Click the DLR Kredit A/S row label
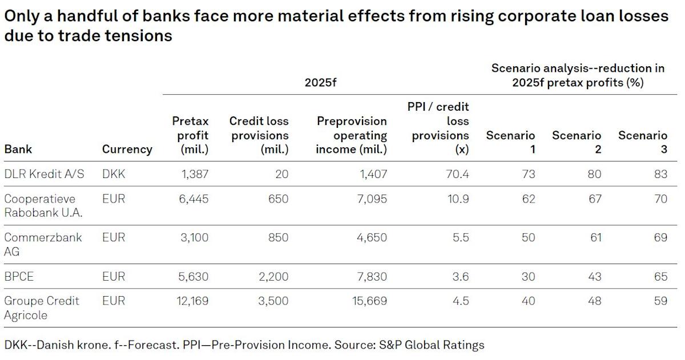pos(44,174)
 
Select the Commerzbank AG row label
pos(43,244)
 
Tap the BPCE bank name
pos(19,277)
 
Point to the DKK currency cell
pos(114,174)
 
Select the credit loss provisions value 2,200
pos(272,277)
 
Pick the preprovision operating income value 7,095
pos(370,199)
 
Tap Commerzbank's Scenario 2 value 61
pos(595,238)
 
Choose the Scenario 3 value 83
pos(660,174)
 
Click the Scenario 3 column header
pos(643,142)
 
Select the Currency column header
pos(127,149)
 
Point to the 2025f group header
pos(321,82)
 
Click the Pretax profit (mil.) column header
pos(191,135)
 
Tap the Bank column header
pos(18,149)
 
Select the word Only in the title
pos(21,17)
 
